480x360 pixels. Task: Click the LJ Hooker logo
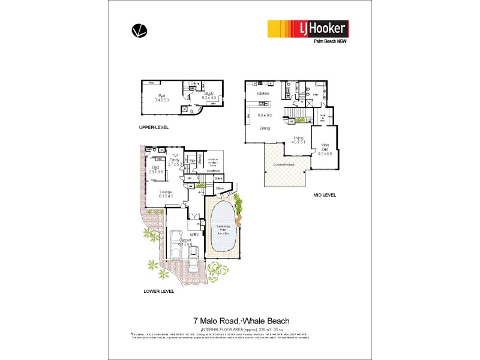click(307, 29)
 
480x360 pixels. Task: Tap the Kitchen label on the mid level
click(262, 94)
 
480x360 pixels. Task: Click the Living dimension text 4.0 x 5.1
click(299, 143)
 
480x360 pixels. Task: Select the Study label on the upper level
click(209, 94)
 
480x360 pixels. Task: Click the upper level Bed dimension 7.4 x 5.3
click(161, 100)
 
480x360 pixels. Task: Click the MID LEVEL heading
click(325, 196)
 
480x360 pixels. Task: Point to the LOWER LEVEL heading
click(158, 291)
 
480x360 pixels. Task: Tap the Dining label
click(264, 128)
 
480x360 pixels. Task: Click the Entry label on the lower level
click(194, 235)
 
